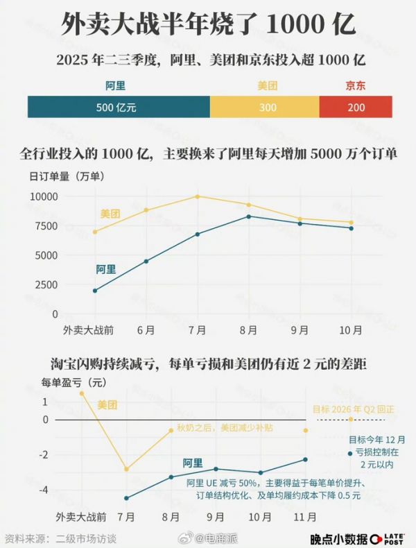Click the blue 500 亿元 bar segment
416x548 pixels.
[118, 108]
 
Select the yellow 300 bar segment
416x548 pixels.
[264, 108]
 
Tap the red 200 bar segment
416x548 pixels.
[356, 108]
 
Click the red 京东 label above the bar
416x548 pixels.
[356, 87]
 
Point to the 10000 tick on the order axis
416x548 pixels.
[43, 196]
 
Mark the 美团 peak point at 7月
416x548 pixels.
[197, 196]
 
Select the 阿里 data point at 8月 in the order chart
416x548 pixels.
[249, 216]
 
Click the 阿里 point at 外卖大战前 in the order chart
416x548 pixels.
[94, 290]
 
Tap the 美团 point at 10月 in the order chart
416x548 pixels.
[351, 223]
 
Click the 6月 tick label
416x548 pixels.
[146, 329]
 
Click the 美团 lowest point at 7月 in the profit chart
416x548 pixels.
[126, 470]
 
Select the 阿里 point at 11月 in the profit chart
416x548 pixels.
[305, 459]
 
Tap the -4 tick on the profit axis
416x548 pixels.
[44, 490]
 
